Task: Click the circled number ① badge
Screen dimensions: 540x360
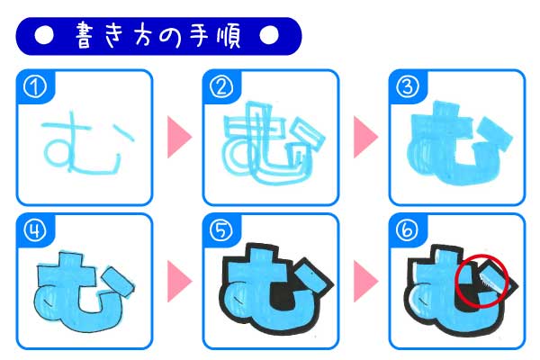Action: click(x=35, y=87)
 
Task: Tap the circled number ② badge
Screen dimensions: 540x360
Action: click(x=221, y=87)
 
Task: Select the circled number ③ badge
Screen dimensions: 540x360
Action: click(x=408, y=87)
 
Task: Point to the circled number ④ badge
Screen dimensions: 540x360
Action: click(x=35, y=230)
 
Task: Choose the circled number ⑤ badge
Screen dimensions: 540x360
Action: click(x=221, y=230)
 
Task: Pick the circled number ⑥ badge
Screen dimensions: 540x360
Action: click(x=408, y=230)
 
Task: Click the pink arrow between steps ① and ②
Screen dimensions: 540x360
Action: click(x=179, y=137)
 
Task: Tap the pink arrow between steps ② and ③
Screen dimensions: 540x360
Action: click(x=365, y=137)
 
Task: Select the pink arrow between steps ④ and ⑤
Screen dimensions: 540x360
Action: click(x=179, y=281)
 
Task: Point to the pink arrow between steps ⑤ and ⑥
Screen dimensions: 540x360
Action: click(x=365, y=281)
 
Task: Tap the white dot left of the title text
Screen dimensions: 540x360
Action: click(x=44, y=35)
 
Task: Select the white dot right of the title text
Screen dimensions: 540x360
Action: click(x=268, y=35)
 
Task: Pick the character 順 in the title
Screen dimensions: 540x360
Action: click(x=229, y=36)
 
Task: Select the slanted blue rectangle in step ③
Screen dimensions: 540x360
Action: click(x=495, y=134)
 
